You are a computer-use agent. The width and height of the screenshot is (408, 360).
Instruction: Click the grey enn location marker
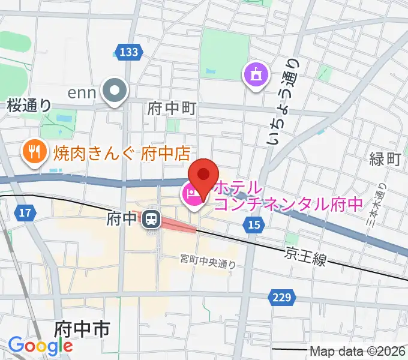tap(116, 92)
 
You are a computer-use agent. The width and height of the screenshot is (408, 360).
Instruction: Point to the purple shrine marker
tap(255, 75)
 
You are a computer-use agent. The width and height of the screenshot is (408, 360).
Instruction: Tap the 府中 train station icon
tap(151, 219)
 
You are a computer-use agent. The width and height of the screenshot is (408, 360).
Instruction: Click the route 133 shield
tap(128, 53)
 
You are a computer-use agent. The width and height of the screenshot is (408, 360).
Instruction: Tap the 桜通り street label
tap(29, 105)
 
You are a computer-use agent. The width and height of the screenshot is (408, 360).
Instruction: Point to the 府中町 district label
tap(172, 109)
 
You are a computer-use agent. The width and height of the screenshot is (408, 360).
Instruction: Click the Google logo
tap(40, 346)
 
